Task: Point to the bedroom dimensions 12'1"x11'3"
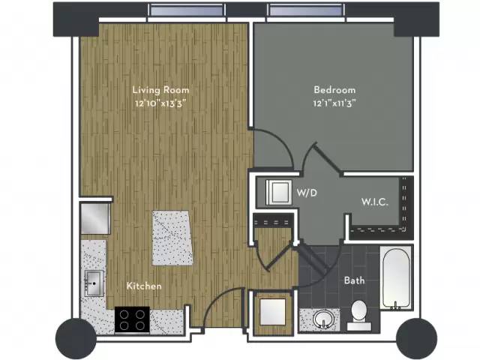[x=334, y=103]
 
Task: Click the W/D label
[x=305, y=193]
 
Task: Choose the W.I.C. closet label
[x=373, y=202]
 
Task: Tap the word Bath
[x=354, y=280]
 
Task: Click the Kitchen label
[x=144, y=286]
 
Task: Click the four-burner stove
[x=132, y=320]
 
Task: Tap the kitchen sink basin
[x=94, y=283]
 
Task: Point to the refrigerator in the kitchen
[x=95, y=217]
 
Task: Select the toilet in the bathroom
[x=358, y=314]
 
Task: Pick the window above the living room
[x=186, y=11]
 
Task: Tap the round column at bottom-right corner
[x=416, y=337]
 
